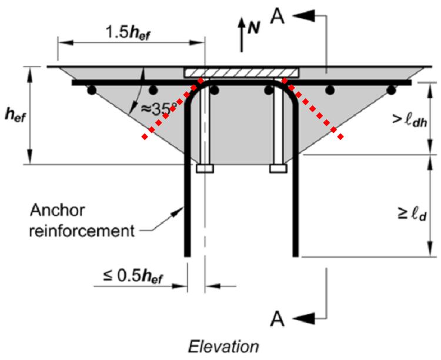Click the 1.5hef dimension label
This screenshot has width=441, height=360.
(128, 32)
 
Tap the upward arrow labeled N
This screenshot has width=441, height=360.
(241, 35)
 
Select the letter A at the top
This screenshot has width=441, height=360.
(278, 17)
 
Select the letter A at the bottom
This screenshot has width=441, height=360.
(278, 319)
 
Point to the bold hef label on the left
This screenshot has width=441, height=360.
(15, 115)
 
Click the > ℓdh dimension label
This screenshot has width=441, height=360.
(409, 121)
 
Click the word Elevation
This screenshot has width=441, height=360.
(223, 346)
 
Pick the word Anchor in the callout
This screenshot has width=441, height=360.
(58, 210)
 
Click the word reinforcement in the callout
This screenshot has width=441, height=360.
(82, 231)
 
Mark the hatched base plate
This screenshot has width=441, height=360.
(241, 72)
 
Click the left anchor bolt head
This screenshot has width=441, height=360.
(205, 169)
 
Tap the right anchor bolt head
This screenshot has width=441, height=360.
(279, 169)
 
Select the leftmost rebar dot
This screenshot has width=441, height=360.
(92, 91)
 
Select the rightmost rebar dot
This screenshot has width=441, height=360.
(391, 91)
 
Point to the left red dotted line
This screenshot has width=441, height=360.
(172, 108)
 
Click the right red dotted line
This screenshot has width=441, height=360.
(312, 108)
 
